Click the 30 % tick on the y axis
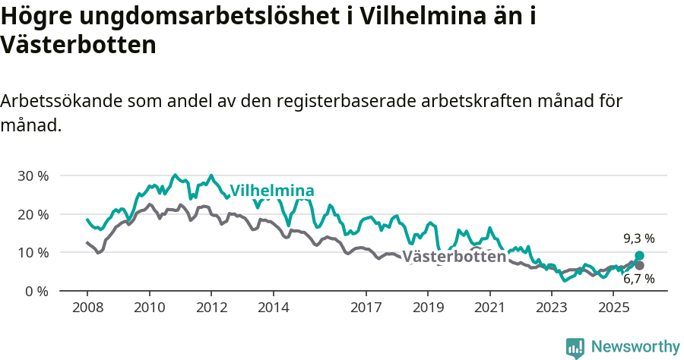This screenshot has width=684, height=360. pos(33,175)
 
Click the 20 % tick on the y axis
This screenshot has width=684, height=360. pos(33,214)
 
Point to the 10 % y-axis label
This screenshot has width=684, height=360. pos(33,252)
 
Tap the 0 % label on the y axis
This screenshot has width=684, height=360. pos(36,291)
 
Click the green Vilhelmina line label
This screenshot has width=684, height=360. pos(272,191)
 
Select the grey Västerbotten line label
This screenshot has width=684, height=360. pos(454,257)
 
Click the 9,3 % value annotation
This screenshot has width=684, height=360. pos(638,238)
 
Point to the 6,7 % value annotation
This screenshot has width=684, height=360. pos(638,279)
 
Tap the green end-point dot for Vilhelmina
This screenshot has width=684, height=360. pos(639,256)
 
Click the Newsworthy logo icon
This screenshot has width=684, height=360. pos(575,347)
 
